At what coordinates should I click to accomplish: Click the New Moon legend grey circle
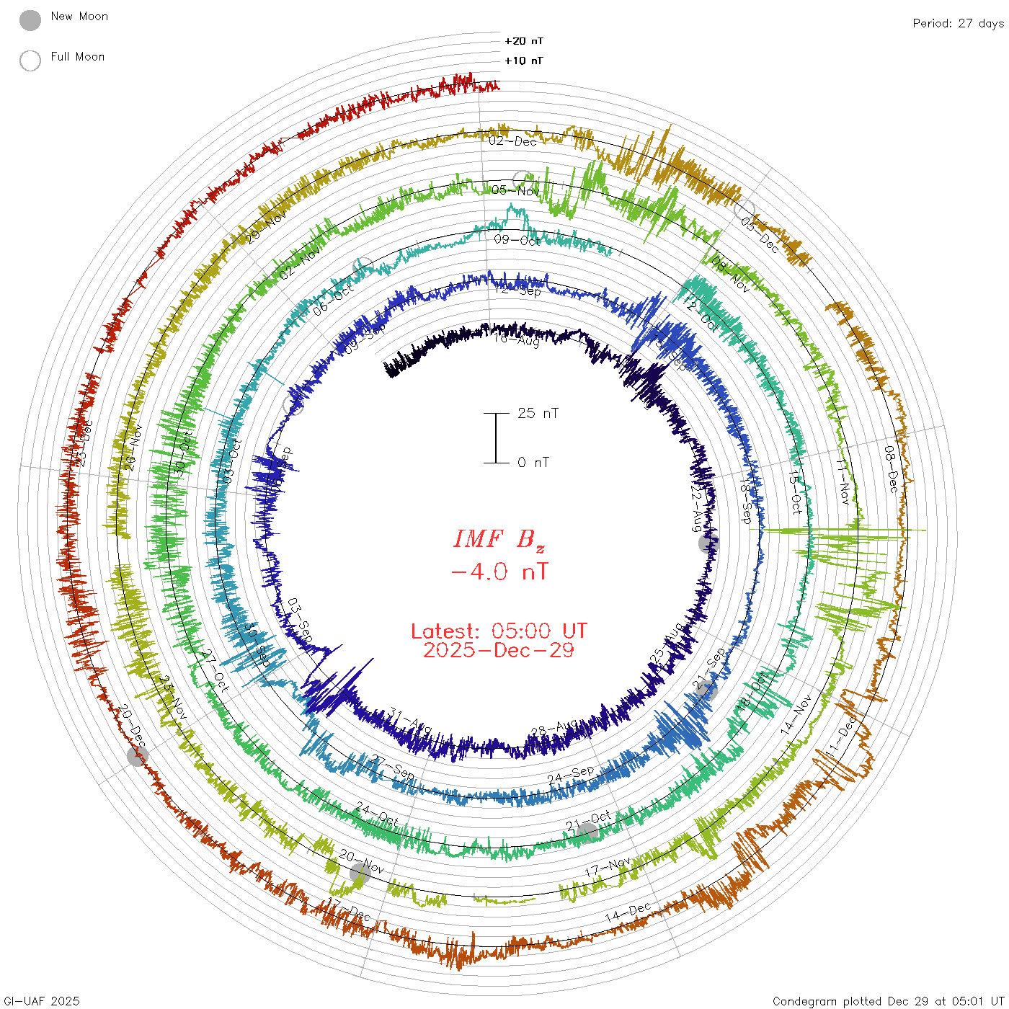coord(30,20)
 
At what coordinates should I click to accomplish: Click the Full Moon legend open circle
coord(30,61)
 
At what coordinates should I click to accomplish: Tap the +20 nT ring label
coord(524,41)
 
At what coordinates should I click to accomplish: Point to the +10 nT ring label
coord(524,61)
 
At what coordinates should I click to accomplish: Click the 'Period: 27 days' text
coord(958,23)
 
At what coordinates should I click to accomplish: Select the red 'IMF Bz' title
coord(499,539)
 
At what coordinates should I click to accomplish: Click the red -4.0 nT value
coord(499,572)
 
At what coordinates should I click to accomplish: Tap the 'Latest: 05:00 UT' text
coord(499,631)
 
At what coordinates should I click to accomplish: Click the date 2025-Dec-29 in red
coord(499,650)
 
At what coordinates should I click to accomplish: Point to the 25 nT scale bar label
coord(538,413)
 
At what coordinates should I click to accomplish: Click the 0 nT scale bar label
coord(533,462)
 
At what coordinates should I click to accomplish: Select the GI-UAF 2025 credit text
coord(42,1001)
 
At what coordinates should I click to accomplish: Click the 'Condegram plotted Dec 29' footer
coord(888,1001)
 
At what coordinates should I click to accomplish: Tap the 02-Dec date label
coord(513,141)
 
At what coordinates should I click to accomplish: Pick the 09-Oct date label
coord(517,240)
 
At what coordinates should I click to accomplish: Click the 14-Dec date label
coord(628,912)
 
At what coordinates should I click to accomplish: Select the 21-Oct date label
coord(588,822)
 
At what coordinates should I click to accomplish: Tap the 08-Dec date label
coord(891,469)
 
